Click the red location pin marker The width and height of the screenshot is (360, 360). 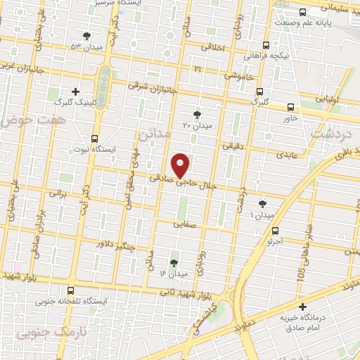[x=181, y=165]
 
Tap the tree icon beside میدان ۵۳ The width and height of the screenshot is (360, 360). [x=86, y=34]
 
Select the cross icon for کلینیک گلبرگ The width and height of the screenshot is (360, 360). [x=76, y=91]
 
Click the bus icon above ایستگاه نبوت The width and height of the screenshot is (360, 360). [x=95, y=139]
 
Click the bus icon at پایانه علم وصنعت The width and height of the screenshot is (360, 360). [x=302, y=12]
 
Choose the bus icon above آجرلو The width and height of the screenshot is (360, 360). [x=274, y=230]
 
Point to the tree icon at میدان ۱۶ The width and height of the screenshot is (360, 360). [x=174, y=262]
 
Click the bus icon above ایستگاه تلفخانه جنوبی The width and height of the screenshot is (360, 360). [x=70, y=290]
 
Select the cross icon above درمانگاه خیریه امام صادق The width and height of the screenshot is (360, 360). [x=303, y=307]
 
